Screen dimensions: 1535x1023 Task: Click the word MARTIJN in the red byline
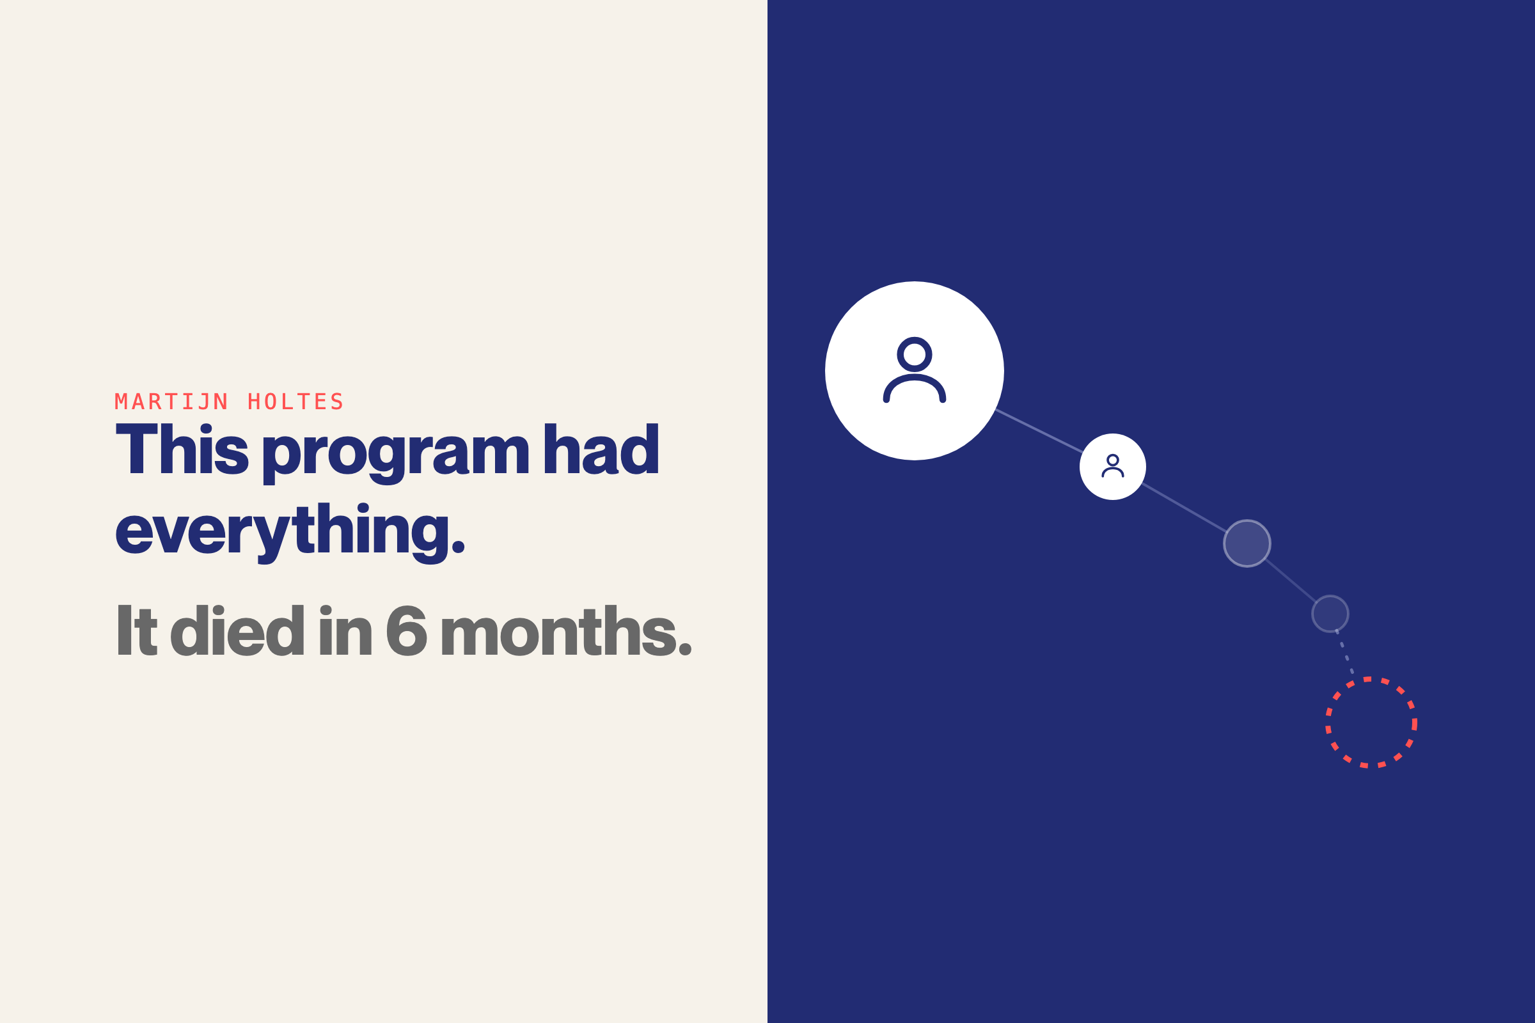tap(171, 402)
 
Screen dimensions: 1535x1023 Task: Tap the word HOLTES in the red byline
tap(295, 402)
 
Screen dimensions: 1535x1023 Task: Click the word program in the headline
tap(396, 453)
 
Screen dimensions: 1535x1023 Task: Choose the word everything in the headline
tap(290, 532)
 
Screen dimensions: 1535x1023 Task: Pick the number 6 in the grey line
tap(406, 631)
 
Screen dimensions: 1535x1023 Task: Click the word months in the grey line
tap(566, 631)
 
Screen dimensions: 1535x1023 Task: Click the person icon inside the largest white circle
tap(915, 371)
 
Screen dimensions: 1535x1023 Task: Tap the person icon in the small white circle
tap(1113, 466)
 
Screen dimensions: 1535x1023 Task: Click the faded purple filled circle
tap(1247, 543)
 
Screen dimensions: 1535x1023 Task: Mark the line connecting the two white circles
tap(1039, 430)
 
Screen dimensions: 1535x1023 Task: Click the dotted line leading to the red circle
tap(1345, 653)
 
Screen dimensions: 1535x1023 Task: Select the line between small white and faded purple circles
tap(1185, 508)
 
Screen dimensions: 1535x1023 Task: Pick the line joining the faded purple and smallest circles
tap(1291, 581)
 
